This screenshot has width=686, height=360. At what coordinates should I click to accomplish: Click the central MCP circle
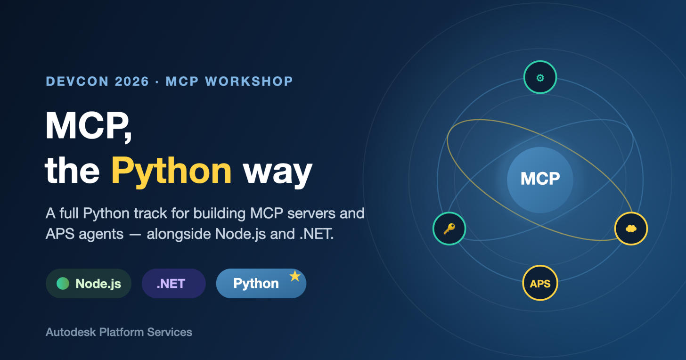540,180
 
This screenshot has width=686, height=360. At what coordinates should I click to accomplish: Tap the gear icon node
540,77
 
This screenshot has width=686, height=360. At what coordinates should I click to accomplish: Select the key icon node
449,229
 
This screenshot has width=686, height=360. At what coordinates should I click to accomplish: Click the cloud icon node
631,229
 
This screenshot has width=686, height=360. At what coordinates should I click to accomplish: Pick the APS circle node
540,283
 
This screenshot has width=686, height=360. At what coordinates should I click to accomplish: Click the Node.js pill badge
89,283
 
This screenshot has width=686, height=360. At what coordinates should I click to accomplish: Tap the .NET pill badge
174,283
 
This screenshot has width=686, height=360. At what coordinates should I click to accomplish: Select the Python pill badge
261,283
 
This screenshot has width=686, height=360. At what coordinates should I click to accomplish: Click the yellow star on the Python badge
295,276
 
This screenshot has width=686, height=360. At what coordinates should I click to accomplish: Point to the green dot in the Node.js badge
63,283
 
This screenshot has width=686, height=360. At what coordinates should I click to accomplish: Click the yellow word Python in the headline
171,172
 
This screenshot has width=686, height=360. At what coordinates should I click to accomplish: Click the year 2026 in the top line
132,81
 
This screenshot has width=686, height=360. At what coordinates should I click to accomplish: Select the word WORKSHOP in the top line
249,81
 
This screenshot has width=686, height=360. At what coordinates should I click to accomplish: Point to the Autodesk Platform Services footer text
119,332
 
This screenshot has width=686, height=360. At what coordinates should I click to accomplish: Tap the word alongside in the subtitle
179,234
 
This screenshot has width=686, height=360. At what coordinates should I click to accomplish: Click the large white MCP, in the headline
89,126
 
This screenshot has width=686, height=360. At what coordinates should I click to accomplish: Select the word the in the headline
72,171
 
